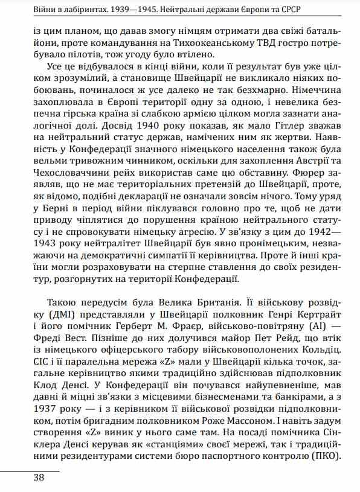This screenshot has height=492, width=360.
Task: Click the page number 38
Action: point(22,478)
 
